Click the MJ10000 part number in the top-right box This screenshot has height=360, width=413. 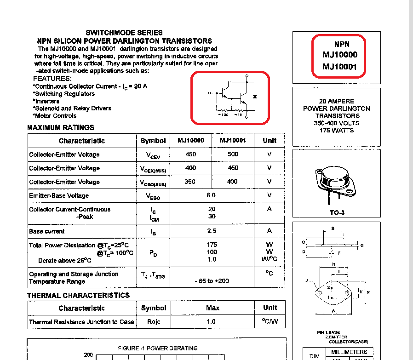(339, 55)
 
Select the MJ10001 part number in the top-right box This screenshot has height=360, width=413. (339, 67)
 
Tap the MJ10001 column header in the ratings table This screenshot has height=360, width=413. (233, 140)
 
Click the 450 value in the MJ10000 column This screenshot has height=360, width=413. (191, 154)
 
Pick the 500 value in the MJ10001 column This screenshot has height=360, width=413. (233, 154)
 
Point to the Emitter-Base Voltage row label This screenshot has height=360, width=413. (59, 196)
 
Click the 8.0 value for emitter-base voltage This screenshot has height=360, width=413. (211, 195)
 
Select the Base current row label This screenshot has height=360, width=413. (47, 231)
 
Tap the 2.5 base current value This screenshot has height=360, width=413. (211, 231)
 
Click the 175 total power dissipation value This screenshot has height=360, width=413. (212, 245)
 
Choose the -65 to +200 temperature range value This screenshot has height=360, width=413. (212, 280)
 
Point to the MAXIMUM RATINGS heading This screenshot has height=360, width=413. (60, 127)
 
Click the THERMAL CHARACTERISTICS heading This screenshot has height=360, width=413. (78, 295)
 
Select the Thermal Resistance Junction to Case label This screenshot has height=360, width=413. (81, 322)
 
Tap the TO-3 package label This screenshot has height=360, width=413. (337, 213)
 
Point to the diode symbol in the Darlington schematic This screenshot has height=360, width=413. (255, 97)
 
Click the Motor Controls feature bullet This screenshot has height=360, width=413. (55, 116)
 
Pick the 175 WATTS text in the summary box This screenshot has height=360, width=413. (337, 131)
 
